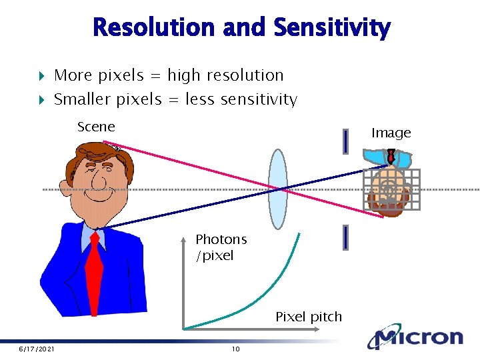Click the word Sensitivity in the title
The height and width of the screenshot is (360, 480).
(x=331, y=28)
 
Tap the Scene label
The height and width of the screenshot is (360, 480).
(x=96, y=127)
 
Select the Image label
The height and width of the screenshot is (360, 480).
(x=391, y=133)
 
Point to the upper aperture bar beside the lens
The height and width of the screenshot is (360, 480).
(x=345, y=141)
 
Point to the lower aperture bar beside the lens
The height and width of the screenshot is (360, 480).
(x=345, y=237)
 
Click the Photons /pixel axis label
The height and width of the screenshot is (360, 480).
(x=221, y=247)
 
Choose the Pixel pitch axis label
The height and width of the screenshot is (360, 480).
(x=309, y=317)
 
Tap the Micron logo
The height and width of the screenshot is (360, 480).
(x=417, y=337)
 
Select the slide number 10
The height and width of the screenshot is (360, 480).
(x=235, y=349)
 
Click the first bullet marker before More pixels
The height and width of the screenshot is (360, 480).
(x=40, y=76)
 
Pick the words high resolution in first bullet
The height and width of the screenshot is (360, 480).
(x=225, y=75)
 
